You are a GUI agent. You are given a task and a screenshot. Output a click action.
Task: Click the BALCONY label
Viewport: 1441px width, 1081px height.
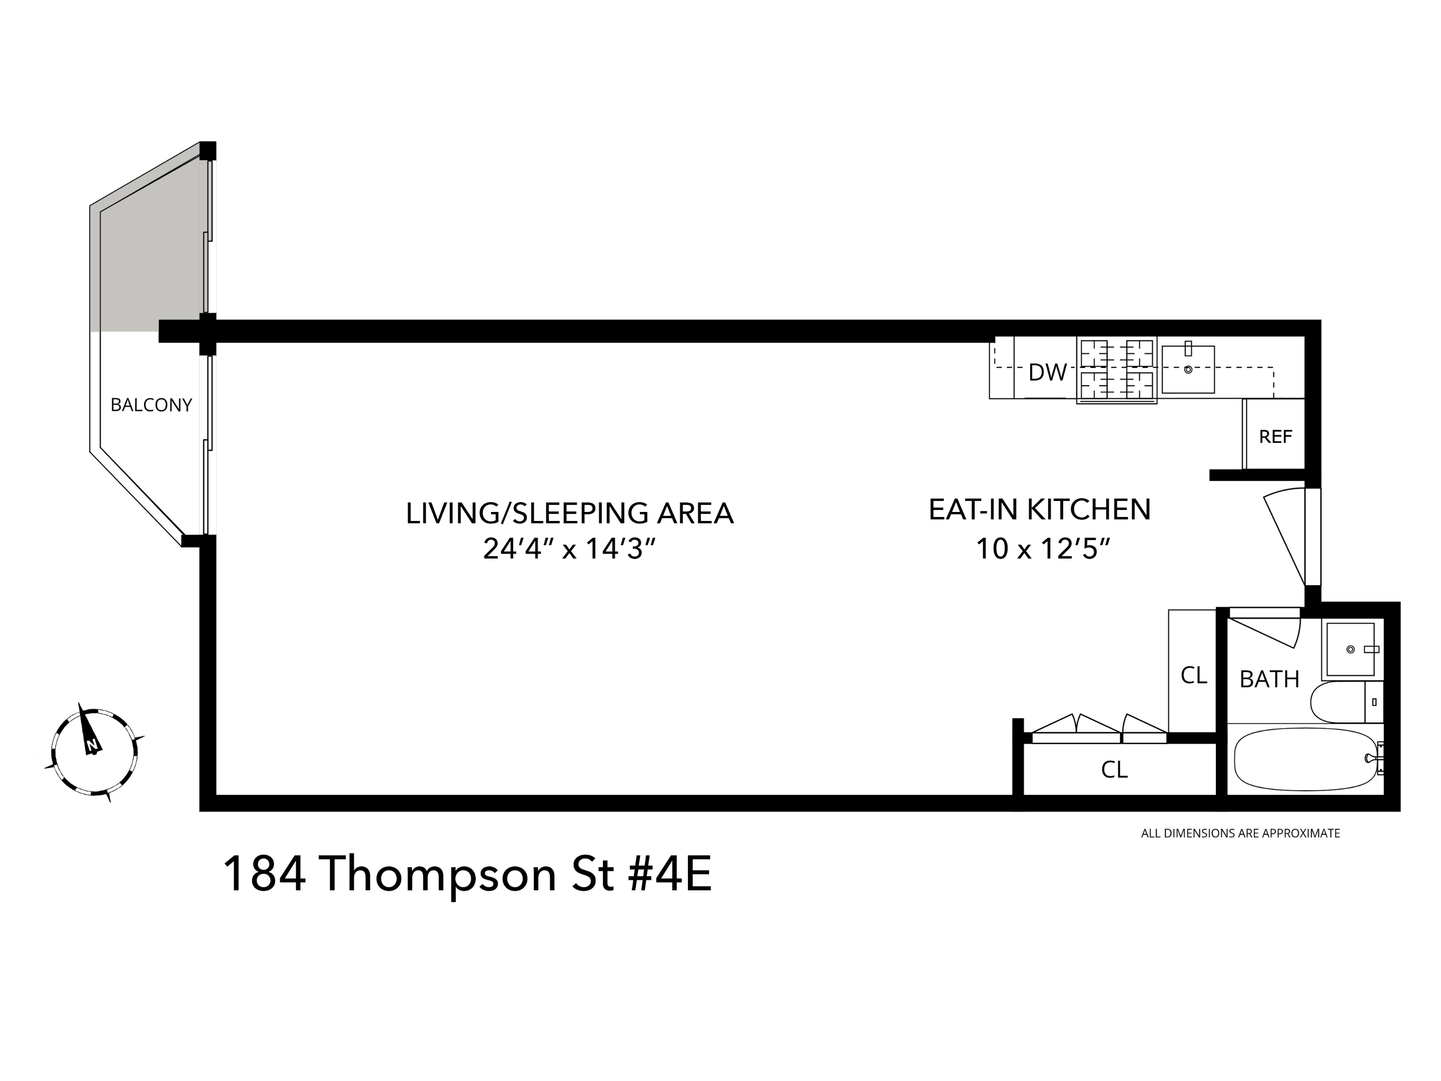pyautogui.click(x=151, y=405)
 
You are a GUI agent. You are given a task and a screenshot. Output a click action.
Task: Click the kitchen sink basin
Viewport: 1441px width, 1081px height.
pyautogui.click(x=1188, y=369)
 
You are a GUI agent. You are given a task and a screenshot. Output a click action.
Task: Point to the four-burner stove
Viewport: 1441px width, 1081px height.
pyautogui.click(x=1116, y=369)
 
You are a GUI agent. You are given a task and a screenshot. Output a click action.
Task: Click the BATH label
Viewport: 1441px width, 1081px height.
pyautogui.click(x=1269, y=680)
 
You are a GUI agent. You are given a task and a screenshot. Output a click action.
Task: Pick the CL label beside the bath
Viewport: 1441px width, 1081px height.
pyautogui.click(x=1193, y=676)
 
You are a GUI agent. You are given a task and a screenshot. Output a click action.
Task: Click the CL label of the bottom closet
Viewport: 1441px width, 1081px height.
pyautogui.click(x=1114, y=770)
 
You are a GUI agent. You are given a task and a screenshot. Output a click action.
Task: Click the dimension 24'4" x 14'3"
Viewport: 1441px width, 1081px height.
pyautogui.click(x=568, y=549)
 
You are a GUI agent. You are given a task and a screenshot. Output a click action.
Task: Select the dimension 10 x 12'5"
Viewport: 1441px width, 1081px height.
pyautogui.click(x=1042, y=549)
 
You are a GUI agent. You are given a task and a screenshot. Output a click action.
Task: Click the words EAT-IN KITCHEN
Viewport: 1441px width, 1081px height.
pyautogui.click(x=1039, y=509)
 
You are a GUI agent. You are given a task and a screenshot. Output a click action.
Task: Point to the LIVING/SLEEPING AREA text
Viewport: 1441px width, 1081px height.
pyautogui.click(x=569, y=513)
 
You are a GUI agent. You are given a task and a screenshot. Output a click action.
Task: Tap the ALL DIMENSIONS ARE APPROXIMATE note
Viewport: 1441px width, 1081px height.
pyautogui.click(x=1240, y=833)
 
